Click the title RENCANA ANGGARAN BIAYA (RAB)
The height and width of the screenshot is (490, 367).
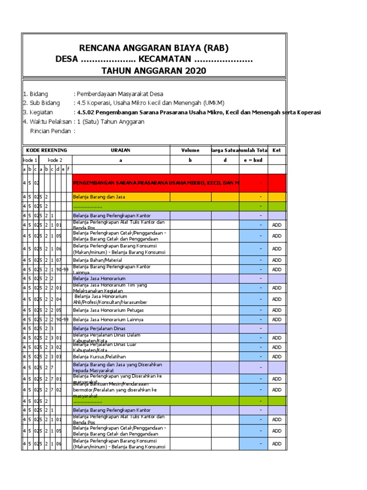154,48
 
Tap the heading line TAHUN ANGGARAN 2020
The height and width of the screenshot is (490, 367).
154,71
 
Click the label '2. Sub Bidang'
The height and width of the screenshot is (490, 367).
42,103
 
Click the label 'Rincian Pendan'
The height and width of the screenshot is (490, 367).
53,131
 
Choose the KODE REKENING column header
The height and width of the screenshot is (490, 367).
46,150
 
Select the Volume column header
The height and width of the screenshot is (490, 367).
190,150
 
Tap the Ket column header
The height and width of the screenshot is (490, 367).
277,150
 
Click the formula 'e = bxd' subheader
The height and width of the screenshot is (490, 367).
253,160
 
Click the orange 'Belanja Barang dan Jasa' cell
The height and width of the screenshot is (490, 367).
120,197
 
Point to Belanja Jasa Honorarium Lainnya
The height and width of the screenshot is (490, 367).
108,320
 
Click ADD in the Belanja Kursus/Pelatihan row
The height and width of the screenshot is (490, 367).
277,356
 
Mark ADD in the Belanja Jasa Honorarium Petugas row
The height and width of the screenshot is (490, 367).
277,310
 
